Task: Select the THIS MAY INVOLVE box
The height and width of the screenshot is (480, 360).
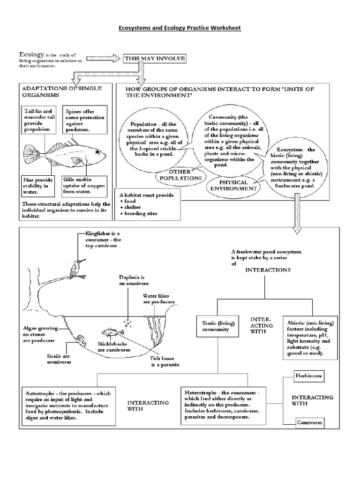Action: point(155,59)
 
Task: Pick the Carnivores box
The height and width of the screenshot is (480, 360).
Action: point(309,422)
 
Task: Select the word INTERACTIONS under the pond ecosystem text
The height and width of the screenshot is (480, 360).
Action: point(268,270)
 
